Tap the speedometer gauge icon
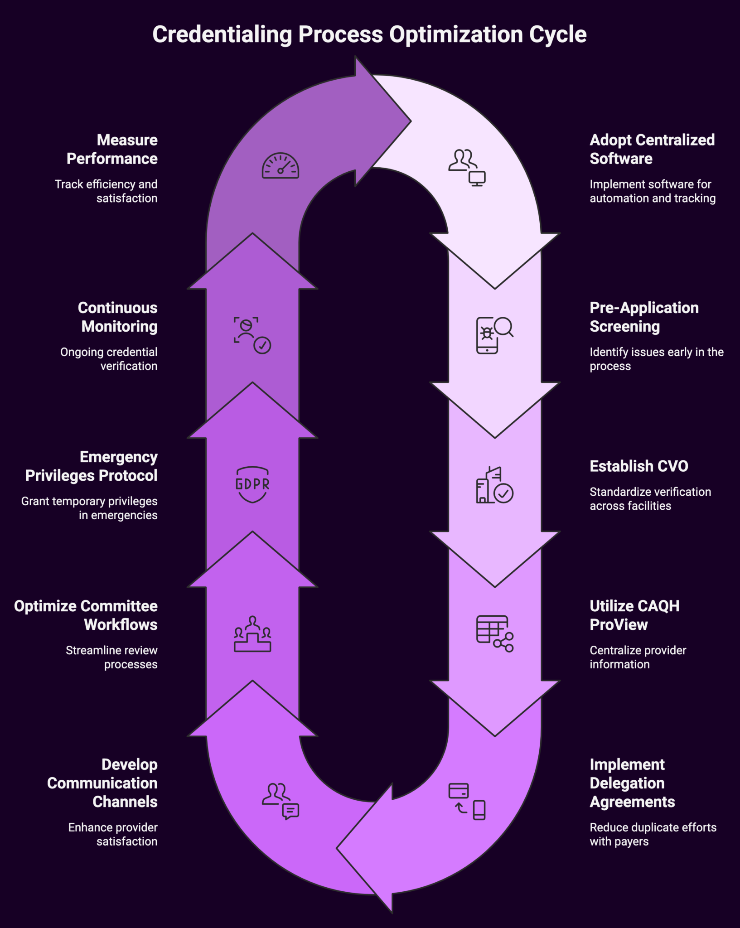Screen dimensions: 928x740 tap(280, 166)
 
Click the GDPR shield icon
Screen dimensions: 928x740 tap(252, 484)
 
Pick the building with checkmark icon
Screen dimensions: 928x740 tap(494, 485)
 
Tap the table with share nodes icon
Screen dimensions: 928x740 tap(494, 633)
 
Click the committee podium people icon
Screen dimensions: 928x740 tap(252, 634)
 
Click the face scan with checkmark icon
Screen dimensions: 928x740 tap(252, 335)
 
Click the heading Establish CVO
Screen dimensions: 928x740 tap(638, 466)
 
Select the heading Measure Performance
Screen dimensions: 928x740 tap(112, 149)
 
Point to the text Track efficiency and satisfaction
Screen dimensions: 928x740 tap(106, 191)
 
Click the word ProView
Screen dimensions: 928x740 tap(619, 625)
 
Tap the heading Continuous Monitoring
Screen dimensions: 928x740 tap(118, 317)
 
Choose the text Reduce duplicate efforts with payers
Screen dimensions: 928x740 tap(653, 834)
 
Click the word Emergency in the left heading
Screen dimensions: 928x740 tap(118, 457)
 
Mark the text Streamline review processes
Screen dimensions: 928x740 tap(112, 657)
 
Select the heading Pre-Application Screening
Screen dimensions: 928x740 tap(643, 317)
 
